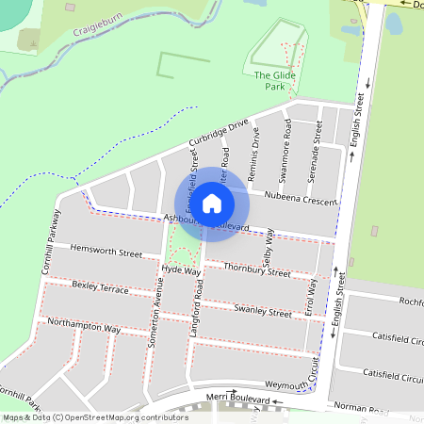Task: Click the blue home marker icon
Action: click(x=212, y=202)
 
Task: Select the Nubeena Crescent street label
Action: click(x=301, y=200)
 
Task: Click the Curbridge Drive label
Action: click(x=218, y=133)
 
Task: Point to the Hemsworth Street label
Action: click(x=106, y=253)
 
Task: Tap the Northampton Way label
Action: click(x=83, y=327)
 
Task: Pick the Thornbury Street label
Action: click(x=257, y=270)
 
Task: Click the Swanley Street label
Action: click(x=263, y=311)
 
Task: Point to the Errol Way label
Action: click(x=311, y=299)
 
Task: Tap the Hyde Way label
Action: click(x=182, y=270)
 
